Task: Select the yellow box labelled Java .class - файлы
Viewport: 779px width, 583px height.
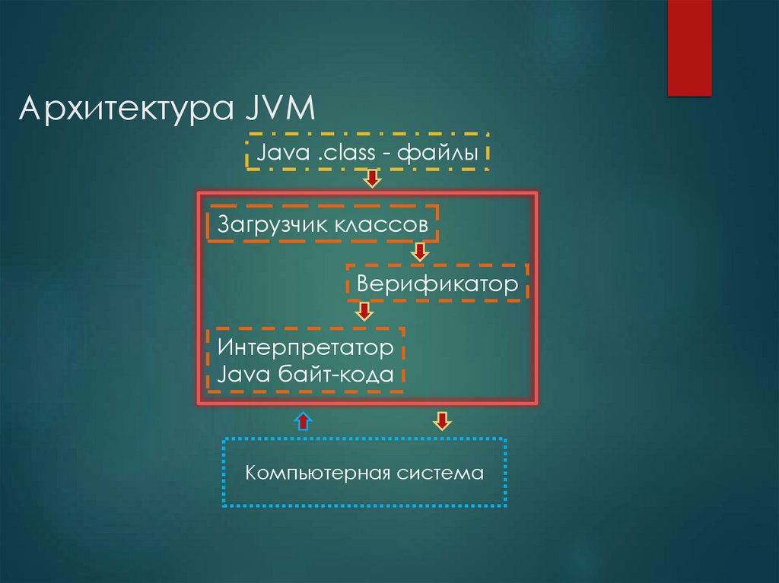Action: (x=367, y=154)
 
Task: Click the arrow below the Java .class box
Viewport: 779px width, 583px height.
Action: (x=372, y=179)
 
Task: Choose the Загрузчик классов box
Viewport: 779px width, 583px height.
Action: (x=323, y=224)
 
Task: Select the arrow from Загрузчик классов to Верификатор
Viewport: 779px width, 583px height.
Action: (x=419, y=252)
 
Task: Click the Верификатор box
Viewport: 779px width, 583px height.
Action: (x=437, y=285)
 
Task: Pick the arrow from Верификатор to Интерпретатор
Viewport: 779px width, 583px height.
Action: (x=364, y=311)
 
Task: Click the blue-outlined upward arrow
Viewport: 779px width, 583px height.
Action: (x=303, y=420)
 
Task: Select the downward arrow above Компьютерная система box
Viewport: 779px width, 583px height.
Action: (x=442, y=420)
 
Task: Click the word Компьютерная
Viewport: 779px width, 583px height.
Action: (x=318, y=474)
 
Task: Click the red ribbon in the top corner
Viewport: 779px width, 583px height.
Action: (x=689, y=47)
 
